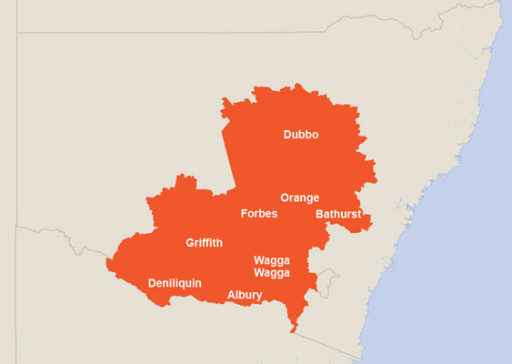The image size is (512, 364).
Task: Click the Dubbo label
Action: (x=301, y=135)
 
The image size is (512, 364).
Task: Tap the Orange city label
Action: (x=299, y=197)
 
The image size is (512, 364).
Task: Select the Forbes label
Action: (x=258, y=214)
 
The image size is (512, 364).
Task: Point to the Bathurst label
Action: (x=338, y=215)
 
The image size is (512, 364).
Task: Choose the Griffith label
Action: (x=204, y=243)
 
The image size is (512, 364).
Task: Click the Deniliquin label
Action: (x=175, y=283)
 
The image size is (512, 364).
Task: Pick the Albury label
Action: (x=245, y=295)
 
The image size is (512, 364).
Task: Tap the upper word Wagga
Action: (x=272, y=259)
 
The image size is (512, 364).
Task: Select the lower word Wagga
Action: (x=272, y=272)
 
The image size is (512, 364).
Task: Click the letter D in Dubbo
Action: (x=287, y=135)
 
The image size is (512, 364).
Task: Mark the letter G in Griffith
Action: (x=190, y=243)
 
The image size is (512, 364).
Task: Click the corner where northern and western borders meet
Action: (x=17, y=33)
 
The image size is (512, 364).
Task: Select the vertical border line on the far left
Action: (x=16, y=136)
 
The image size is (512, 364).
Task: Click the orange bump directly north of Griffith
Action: (x=185, y=182)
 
